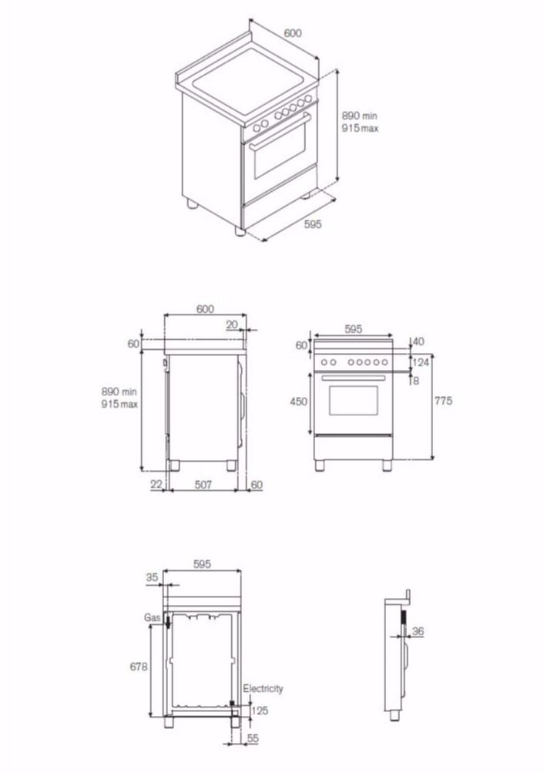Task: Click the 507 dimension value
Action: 203,484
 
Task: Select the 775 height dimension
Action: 442,401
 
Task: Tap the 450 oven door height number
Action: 299,402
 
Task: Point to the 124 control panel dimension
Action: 421,362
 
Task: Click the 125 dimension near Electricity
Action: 260,711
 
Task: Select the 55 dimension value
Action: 253,738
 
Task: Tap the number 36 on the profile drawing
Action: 418,632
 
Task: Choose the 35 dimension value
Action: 151,576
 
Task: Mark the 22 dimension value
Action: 157,484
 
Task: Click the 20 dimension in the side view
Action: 232,324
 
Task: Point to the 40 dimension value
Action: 418,341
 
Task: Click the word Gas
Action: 152,618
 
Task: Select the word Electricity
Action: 263,688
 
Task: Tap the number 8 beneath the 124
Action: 417,380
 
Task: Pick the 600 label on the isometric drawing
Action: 292,33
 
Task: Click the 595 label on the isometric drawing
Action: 312,224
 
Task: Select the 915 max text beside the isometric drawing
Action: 360,129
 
